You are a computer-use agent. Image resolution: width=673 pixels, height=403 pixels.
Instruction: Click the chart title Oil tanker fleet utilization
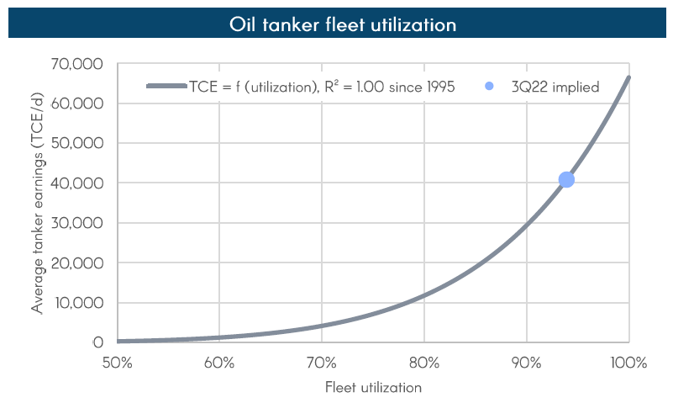point(343,24)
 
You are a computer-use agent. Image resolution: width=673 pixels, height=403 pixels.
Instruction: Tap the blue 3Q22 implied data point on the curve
point(566,179)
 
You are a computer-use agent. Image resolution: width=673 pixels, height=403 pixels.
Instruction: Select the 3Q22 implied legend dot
point(491,86)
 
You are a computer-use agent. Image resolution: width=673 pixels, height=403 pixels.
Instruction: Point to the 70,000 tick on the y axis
point(77,64)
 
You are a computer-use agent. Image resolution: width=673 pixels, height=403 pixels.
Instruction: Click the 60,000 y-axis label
point(77,103)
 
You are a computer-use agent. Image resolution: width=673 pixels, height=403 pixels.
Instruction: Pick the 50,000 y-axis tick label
point(77,143)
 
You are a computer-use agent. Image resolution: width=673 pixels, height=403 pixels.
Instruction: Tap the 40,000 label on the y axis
point(77,183)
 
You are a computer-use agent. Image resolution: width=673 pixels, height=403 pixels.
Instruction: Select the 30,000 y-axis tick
point(77,223)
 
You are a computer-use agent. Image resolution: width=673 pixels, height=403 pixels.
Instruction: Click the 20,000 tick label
point(77,262)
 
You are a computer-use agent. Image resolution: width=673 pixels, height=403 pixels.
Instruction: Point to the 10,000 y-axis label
point(77,303)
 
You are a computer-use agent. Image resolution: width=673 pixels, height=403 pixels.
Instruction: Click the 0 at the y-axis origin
point(98,342)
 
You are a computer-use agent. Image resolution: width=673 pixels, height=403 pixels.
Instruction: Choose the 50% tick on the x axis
point(117,363)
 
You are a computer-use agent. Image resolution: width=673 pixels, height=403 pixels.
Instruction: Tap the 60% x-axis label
point(219,363)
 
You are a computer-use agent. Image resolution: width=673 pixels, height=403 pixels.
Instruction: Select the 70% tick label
point(322,363)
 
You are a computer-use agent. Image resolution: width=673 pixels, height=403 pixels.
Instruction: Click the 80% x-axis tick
point(424,363)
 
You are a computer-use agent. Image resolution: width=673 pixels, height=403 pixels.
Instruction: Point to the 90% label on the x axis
point(527,363)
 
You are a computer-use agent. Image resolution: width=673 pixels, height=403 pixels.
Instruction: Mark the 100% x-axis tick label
point(629,363)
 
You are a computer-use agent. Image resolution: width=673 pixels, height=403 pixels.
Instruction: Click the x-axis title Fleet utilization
point(373,388)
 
